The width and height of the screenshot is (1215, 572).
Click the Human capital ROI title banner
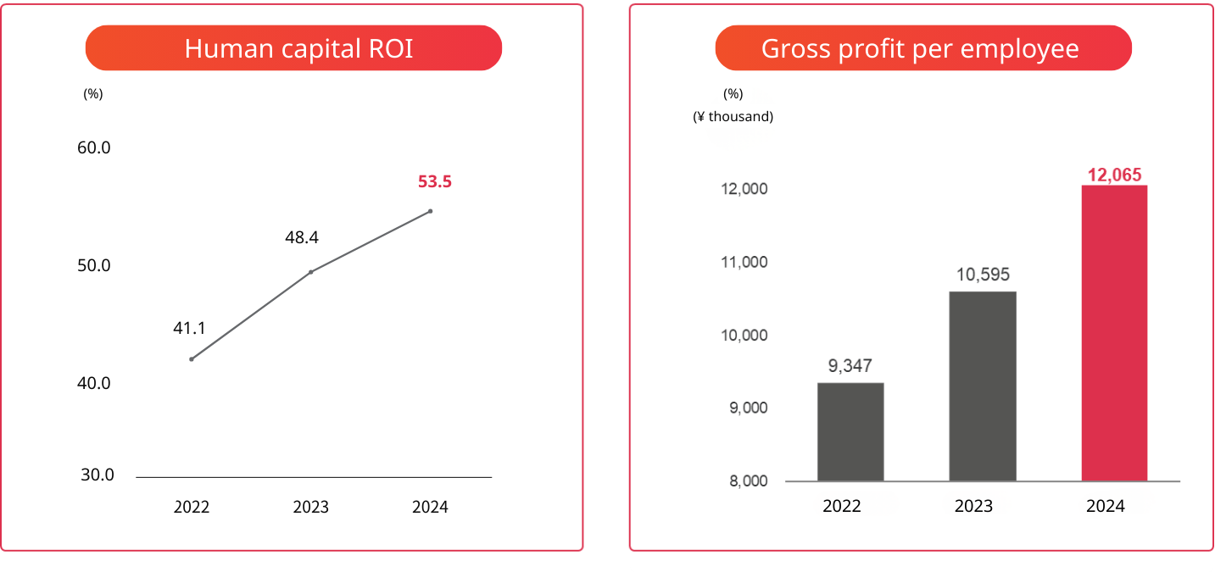click(293, 48)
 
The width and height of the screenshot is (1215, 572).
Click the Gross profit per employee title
click(922, 48)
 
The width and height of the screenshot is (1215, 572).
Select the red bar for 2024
click(1114, 333)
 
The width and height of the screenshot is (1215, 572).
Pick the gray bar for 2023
click(982, 386)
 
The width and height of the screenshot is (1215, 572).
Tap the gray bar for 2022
click(850, 431)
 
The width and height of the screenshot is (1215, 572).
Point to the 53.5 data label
click(435, 181)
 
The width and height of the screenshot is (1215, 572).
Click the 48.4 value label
click(302, 237)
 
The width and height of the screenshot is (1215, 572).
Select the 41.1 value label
click(190, 328)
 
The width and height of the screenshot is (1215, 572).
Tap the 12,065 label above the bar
click(1115, 175)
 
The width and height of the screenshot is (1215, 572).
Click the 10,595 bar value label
click(982, 275)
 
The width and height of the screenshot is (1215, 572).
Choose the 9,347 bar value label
click(850, 366)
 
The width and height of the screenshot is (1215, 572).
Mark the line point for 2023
click(311, 272)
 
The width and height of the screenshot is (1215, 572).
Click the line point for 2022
click(192, 359)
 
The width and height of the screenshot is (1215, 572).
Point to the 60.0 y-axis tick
click(94, 147)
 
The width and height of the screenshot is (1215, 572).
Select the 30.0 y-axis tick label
click(98, 475)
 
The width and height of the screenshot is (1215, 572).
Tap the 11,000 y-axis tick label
click(744, 263)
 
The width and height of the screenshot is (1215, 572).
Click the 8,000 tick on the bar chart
click(748, 481)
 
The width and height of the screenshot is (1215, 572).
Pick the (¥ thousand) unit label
click(733, 117)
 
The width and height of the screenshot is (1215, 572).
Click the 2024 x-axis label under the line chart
click(430, 508)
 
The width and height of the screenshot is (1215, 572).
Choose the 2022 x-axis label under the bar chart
click(842, 506)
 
